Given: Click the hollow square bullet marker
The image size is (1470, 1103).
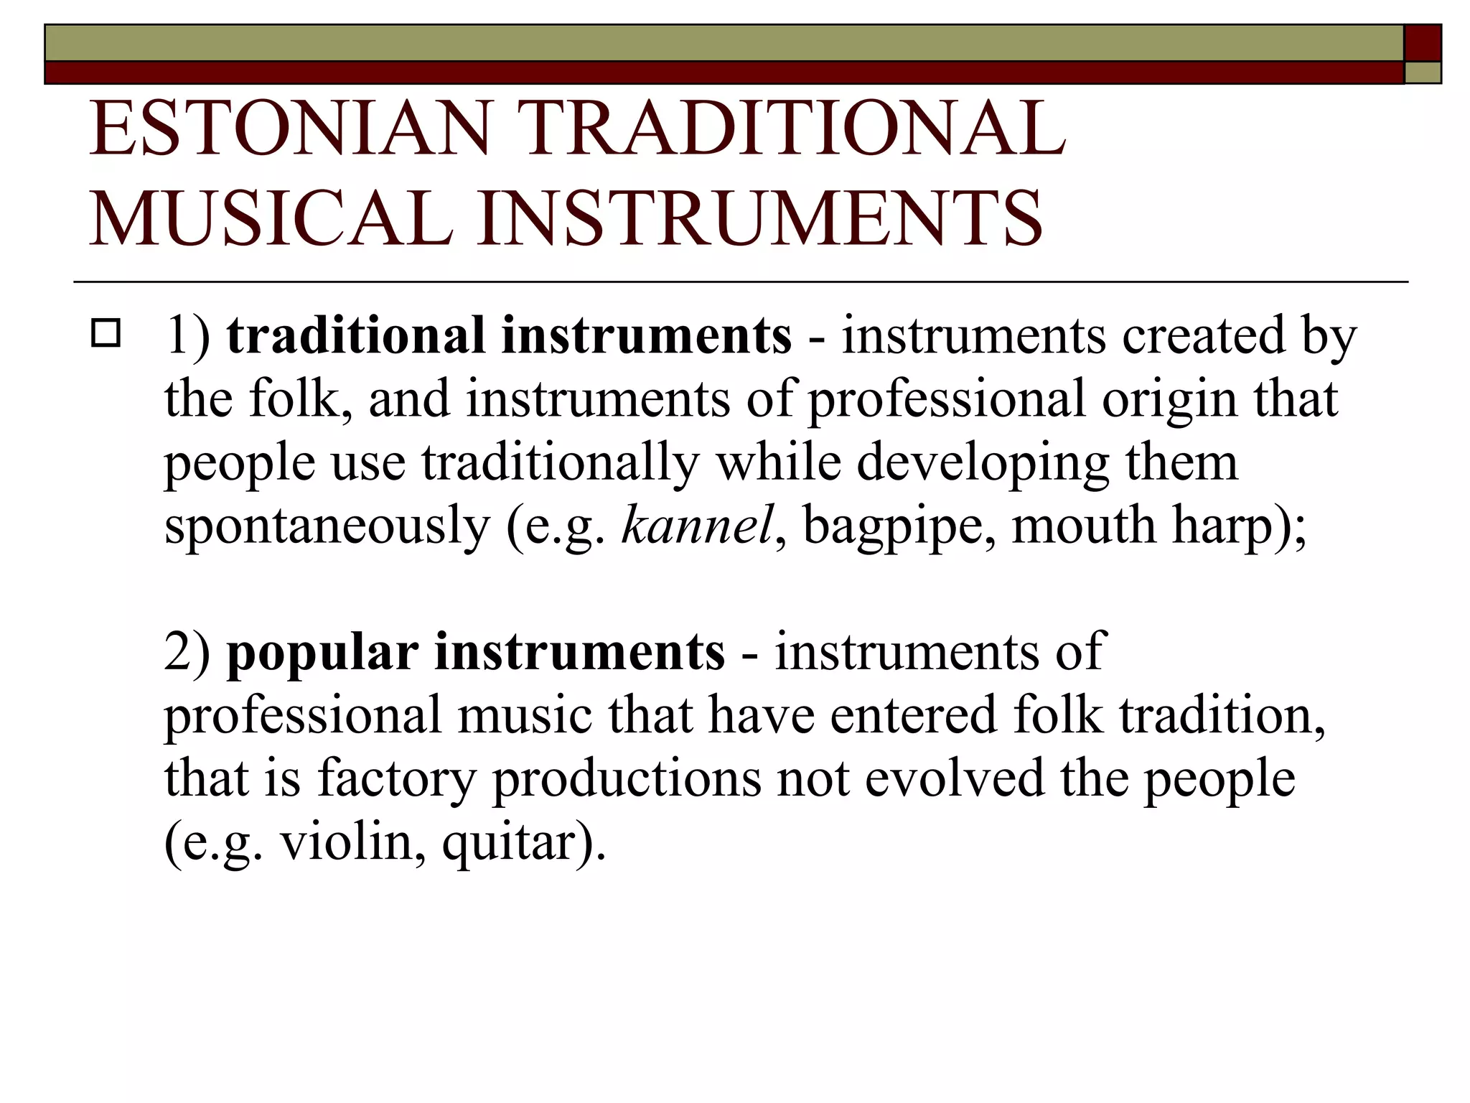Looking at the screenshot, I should [106, 335].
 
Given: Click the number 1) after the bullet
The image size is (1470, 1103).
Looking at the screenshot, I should [188, 335].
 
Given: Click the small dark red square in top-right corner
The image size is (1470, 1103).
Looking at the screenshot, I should [1423, 43].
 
